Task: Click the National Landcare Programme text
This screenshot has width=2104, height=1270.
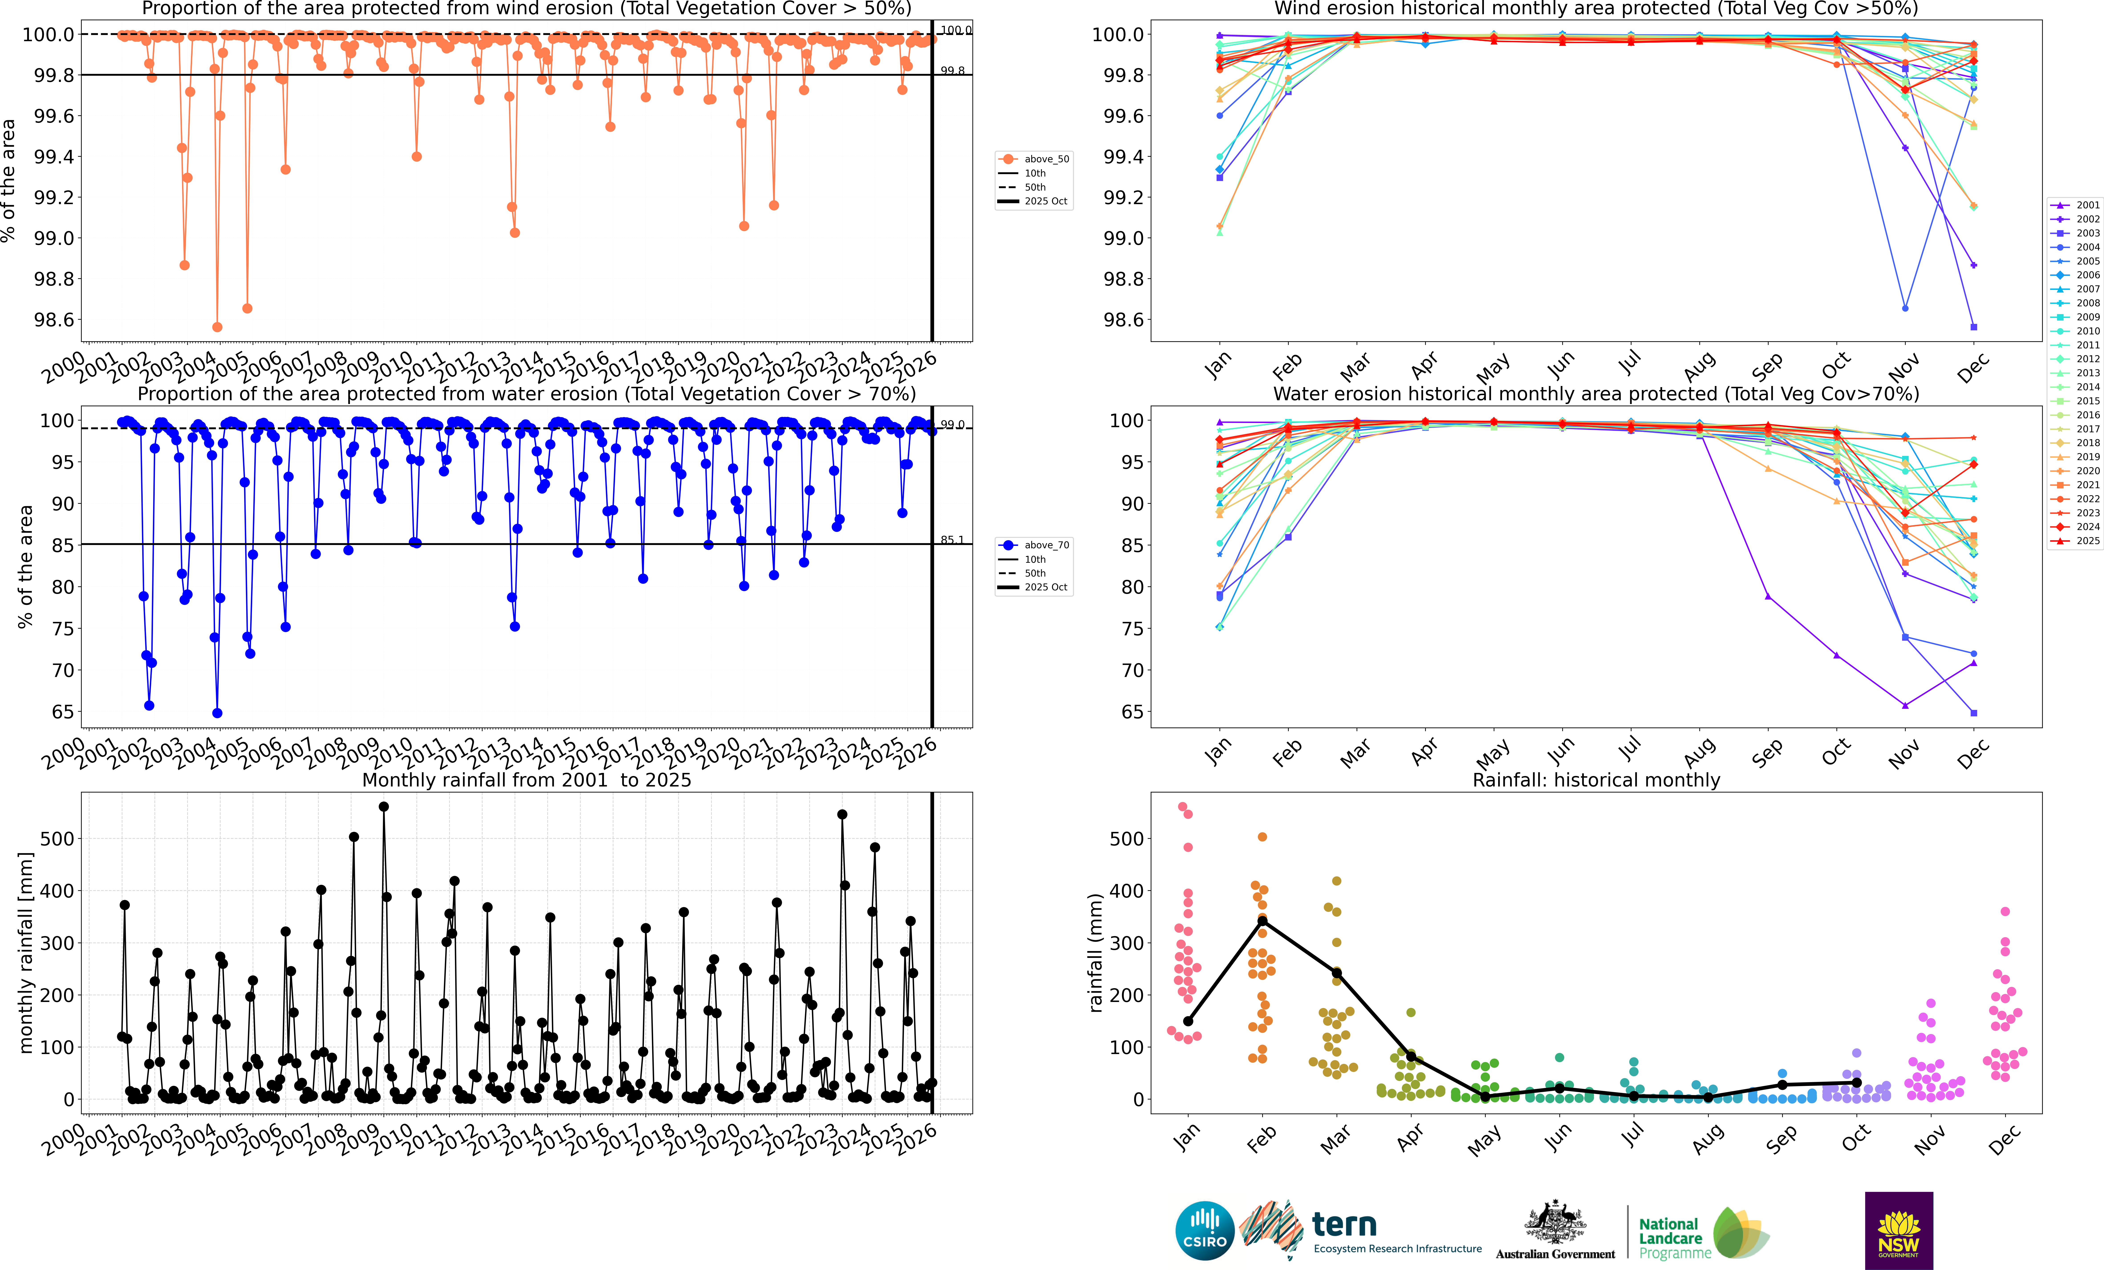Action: (x=1674, y=1238)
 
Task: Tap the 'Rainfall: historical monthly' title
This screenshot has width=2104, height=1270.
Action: (x=1596, y=780)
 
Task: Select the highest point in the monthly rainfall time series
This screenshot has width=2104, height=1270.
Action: (x=383, y=806)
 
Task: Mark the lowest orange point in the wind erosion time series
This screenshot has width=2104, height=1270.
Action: (x=217, y=327)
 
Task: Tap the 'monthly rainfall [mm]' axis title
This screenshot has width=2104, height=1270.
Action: (x=26, y=952)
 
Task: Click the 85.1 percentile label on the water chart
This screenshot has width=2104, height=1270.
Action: (x=952, y=540)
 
